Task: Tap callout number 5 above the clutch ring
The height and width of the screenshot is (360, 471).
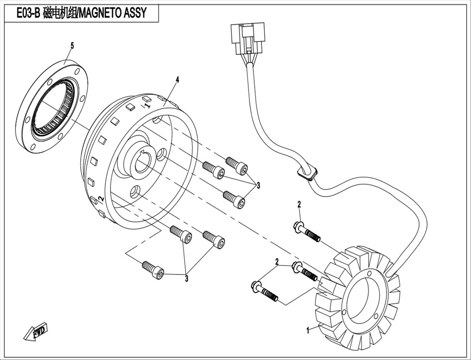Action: (72, 46)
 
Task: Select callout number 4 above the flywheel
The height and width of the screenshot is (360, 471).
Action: (177, 80)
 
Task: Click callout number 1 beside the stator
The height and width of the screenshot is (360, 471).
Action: (308, 331)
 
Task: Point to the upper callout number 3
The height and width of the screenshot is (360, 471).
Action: (258, 186)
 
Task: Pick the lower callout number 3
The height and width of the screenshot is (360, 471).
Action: (186, 279)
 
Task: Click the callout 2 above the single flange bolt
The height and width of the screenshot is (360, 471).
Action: (299, 205)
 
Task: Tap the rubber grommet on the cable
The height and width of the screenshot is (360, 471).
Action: (307, 173)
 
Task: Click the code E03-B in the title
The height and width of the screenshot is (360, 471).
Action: (28, 13)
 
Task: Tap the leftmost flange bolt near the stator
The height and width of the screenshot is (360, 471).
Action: (264, 291)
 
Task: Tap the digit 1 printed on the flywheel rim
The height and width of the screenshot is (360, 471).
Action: (147, 105)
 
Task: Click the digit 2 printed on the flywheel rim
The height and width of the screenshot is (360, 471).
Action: (101, 199)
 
